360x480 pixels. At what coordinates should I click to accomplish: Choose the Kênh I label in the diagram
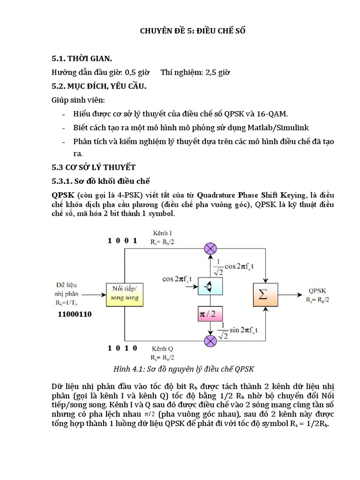point(162,232)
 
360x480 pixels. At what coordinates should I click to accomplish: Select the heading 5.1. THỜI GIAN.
point(82,59)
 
